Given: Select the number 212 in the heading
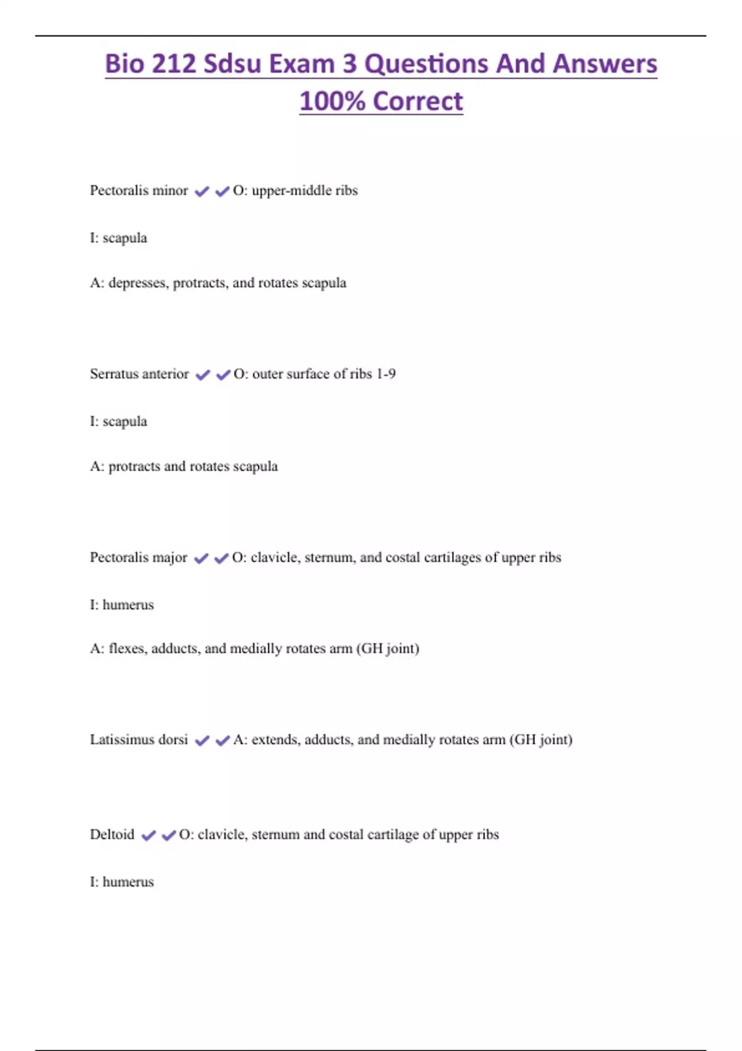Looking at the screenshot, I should click(x=173, y=64).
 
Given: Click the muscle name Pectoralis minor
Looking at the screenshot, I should click(x=139, y=190).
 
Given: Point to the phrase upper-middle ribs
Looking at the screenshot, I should click(x=304, y=190).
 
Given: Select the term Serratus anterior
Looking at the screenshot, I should click(x=139, y=374).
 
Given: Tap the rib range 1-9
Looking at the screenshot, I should click(x=386, y=374).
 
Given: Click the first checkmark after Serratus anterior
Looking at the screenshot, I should click(x=202, y=375).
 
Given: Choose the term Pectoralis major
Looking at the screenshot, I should click(x=139, y=558).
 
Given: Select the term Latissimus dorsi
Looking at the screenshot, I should click(x=139, y=740).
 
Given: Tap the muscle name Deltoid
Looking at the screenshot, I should click(x=112, y=835).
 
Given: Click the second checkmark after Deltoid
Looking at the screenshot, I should click(x=168, y=836).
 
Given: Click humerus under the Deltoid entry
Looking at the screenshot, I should click(x=128, y=882).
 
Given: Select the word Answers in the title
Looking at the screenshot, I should click(x=605, y=64).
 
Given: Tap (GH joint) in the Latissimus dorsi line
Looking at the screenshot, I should click(x=541, y=740).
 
